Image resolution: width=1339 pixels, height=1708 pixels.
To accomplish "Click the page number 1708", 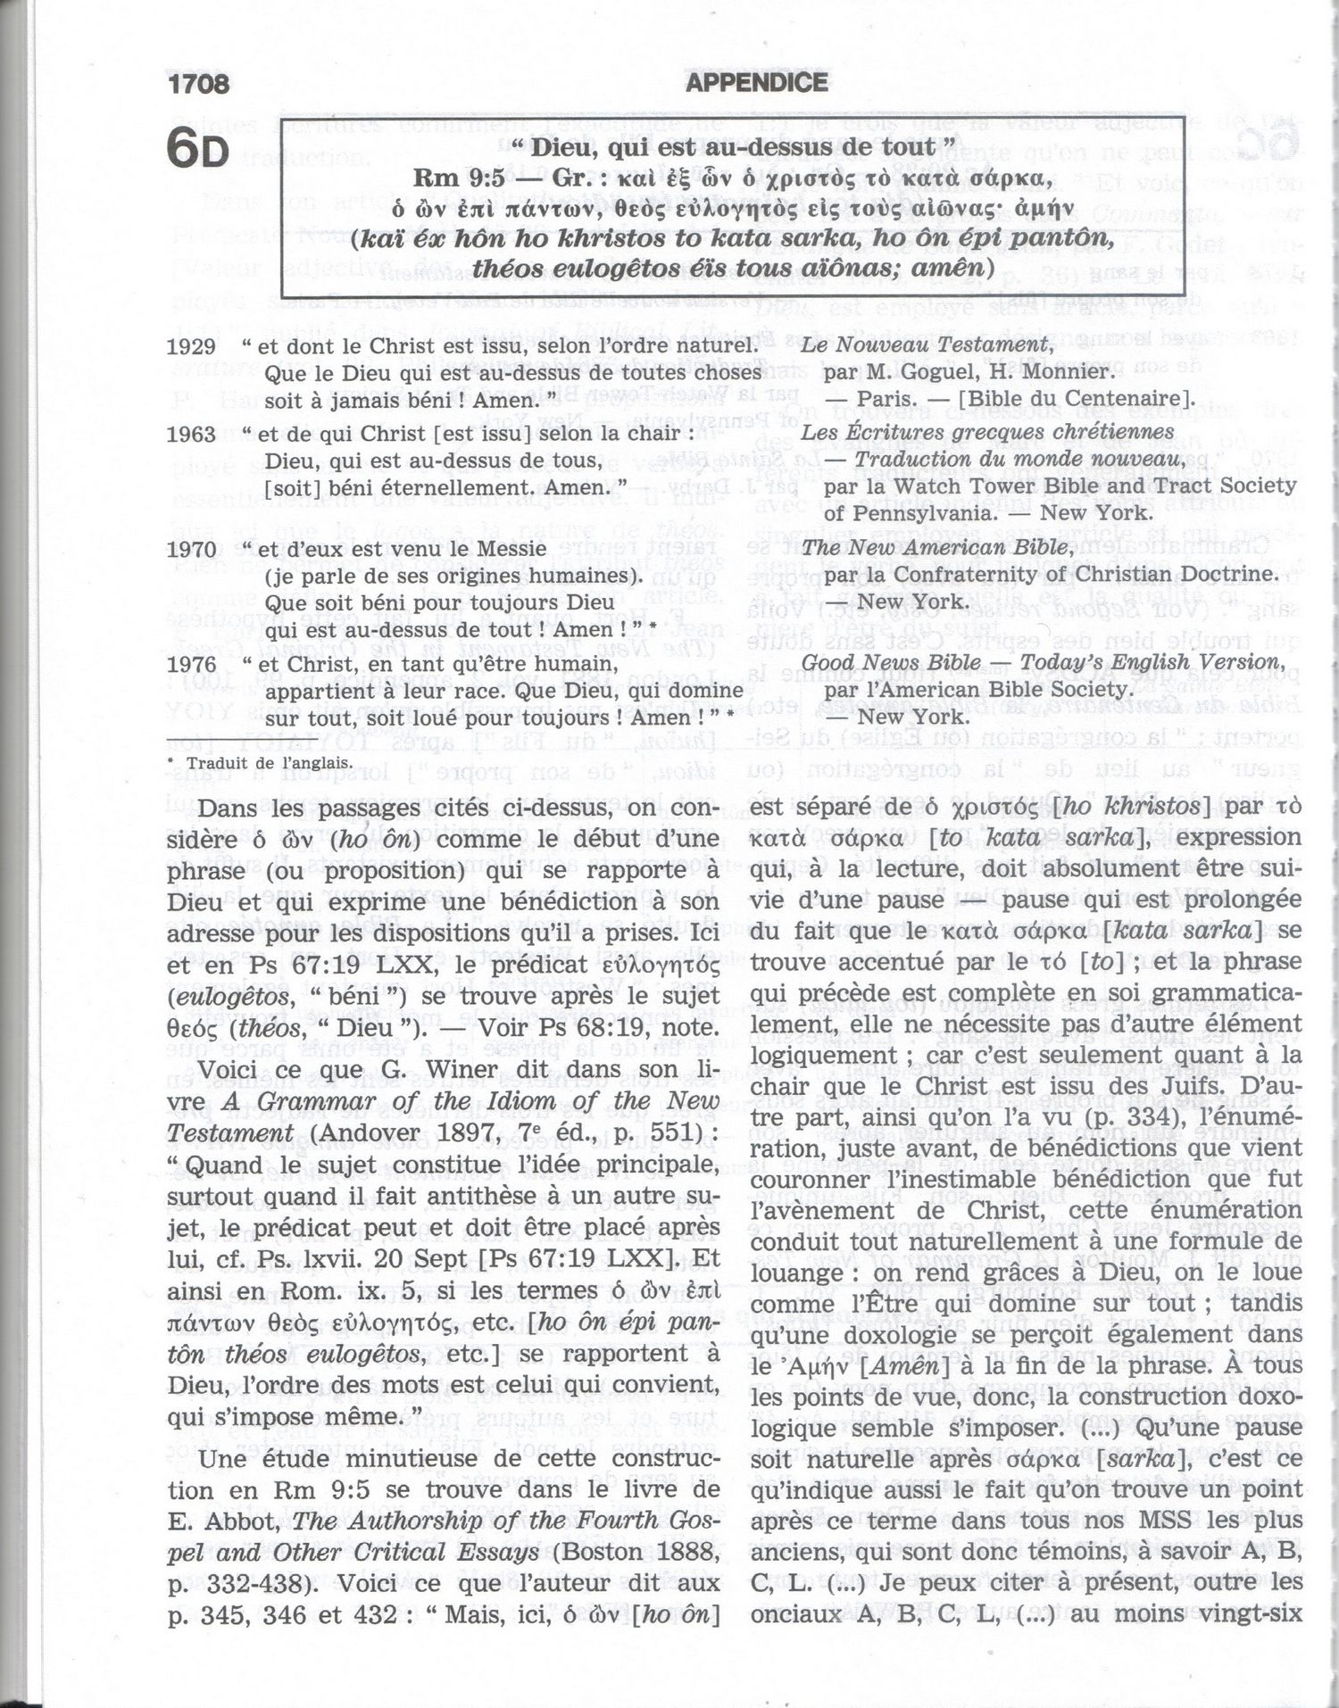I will tap(198, 84).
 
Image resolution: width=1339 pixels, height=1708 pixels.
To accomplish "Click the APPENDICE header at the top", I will tap(756, 83).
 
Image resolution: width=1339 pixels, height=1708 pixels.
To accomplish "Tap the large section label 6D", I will tap(198, 148).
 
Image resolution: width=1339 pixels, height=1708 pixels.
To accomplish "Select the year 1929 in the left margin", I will tap(191, 347).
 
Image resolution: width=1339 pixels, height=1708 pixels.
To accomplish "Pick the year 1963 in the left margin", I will tap(191, 435).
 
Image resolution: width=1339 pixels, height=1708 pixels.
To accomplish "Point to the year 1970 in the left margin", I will tap(191, 550).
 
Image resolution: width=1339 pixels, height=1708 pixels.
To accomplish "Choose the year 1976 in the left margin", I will tap(191, 665).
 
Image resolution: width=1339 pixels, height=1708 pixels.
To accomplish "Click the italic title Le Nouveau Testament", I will tap(927, 344).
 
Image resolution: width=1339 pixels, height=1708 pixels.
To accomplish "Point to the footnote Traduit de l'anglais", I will tap(268, 763).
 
